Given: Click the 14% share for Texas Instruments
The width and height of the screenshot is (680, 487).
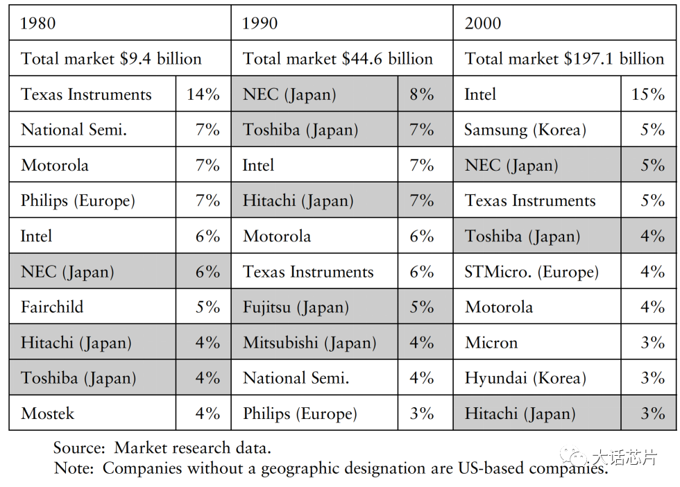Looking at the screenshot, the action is (203, 94).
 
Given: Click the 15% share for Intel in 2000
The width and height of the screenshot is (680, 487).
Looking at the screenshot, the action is (648, 94).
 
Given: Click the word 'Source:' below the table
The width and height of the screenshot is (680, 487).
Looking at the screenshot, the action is (79, 447).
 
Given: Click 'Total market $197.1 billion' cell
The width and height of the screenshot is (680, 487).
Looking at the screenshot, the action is (564, 58).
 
